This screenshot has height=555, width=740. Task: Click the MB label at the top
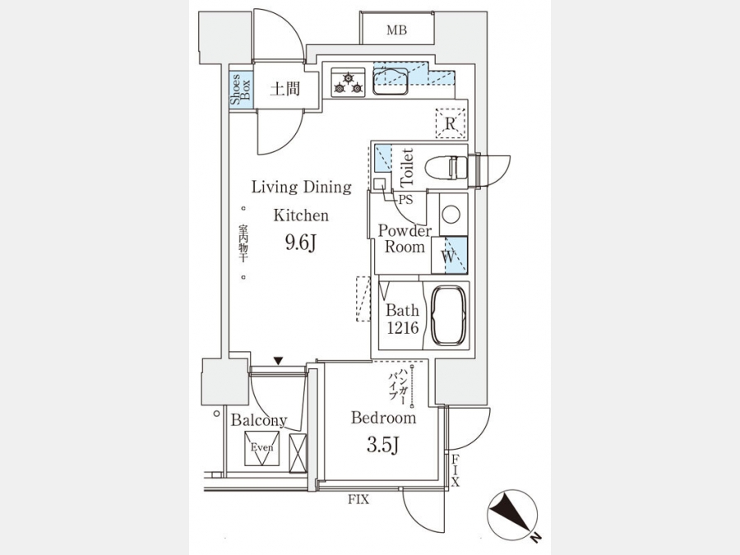point(397,30)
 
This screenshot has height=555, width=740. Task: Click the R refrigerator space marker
point(450,124)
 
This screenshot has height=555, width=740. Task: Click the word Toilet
point(406,166)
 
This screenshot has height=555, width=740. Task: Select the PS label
point(406,199)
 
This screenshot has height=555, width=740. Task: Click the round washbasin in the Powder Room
point(451,215)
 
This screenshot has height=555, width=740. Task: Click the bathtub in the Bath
point(449,317)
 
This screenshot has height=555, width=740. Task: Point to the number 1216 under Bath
point(403,327)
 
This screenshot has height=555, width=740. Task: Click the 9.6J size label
point(301,243)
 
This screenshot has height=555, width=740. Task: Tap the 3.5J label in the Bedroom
point(383,446)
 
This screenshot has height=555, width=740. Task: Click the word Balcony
point(258,420)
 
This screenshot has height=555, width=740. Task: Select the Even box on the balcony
point(261,448)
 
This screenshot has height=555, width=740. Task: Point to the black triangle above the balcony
point(279,360)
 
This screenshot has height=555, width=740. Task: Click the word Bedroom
point(383,418)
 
